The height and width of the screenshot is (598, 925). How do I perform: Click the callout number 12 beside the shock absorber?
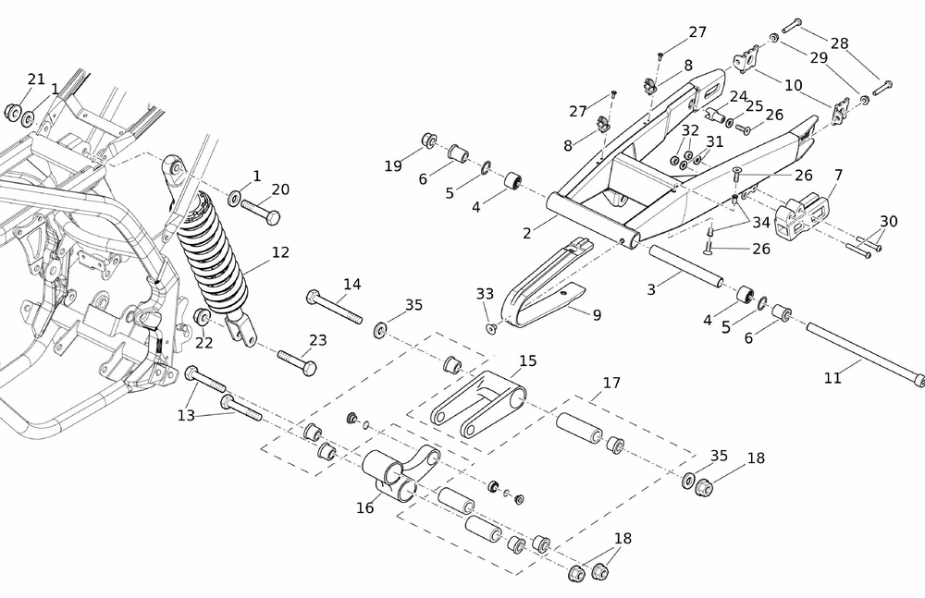tap(280, 252)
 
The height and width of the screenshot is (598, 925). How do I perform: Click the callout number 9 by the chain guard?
tap(597, 315)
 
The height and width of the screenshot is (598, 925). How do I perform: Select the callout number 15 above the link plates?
tap(527, 361)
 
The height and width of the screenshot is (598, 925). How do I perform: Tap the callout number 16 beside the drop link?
tap(366, 507)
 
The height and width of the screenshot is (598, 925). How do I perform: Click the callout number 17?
tap(611, 382)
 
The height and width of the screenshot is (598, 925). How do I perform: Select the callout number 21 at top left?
tap(36, 79)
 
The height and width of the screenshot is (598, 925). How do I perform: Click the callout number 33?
tap(485, 294)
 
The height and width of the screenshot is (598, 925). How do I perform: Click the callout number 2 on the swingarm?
tap(526, 234)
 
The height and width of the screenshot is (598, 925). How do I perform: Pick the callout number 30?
tap(889, 222)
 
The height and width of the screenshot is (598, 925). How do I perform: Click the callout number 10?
tap(793, 85)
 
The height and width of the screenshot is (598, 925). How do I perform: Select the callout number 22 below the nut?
tap(203, 343)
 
